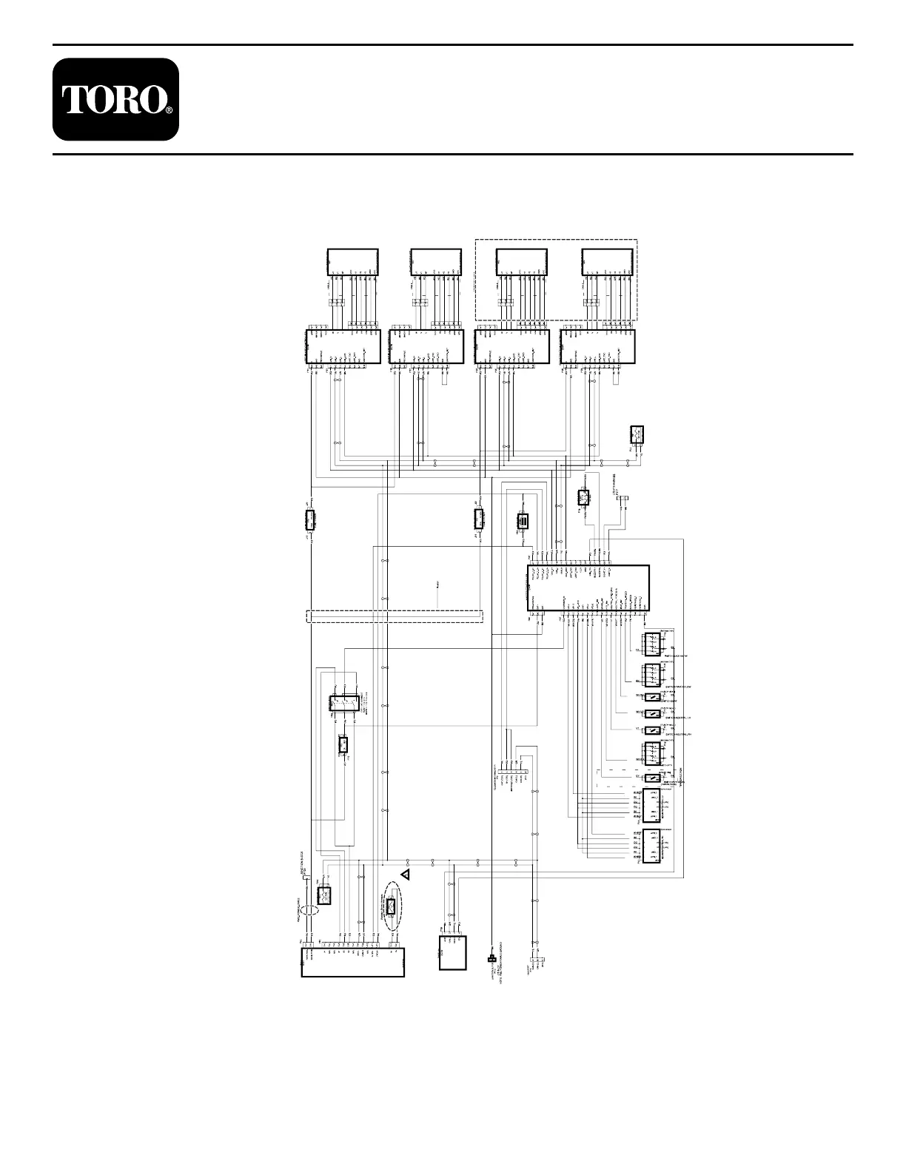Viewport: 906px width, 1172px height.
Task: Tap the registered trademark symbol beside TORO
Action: click(169, 110)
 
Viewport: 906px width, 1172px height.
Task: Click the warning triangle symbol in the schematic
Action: click(405, 875)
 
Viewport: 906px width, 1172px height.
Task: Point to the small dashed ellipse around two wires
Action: click(310, 909)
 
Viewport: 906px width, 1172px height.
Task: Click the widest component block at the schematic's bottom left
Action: click(353, 961)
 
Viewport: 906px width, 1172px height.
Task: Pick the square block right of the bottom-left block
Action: click(453, 952)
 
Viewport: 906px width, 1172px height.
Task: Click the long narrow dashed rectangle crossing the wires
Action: click(394, 616)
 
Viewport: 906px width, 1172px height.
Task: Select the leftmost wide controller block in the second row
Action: click(343, 347)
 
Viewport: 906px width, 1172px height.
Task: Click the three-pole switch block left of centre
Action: click(344, 703)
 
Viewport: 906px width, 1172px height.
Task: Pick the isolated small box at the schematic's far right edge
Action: click(637, 434)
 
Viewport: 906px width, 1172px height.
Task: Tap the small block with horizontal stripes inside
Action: click(523, 522)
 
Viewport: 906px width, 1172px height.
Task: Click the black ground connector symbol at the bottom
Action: click(491, 960)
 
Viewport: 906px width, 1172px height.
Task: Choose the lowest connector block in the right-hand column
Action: click(652, 845)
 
